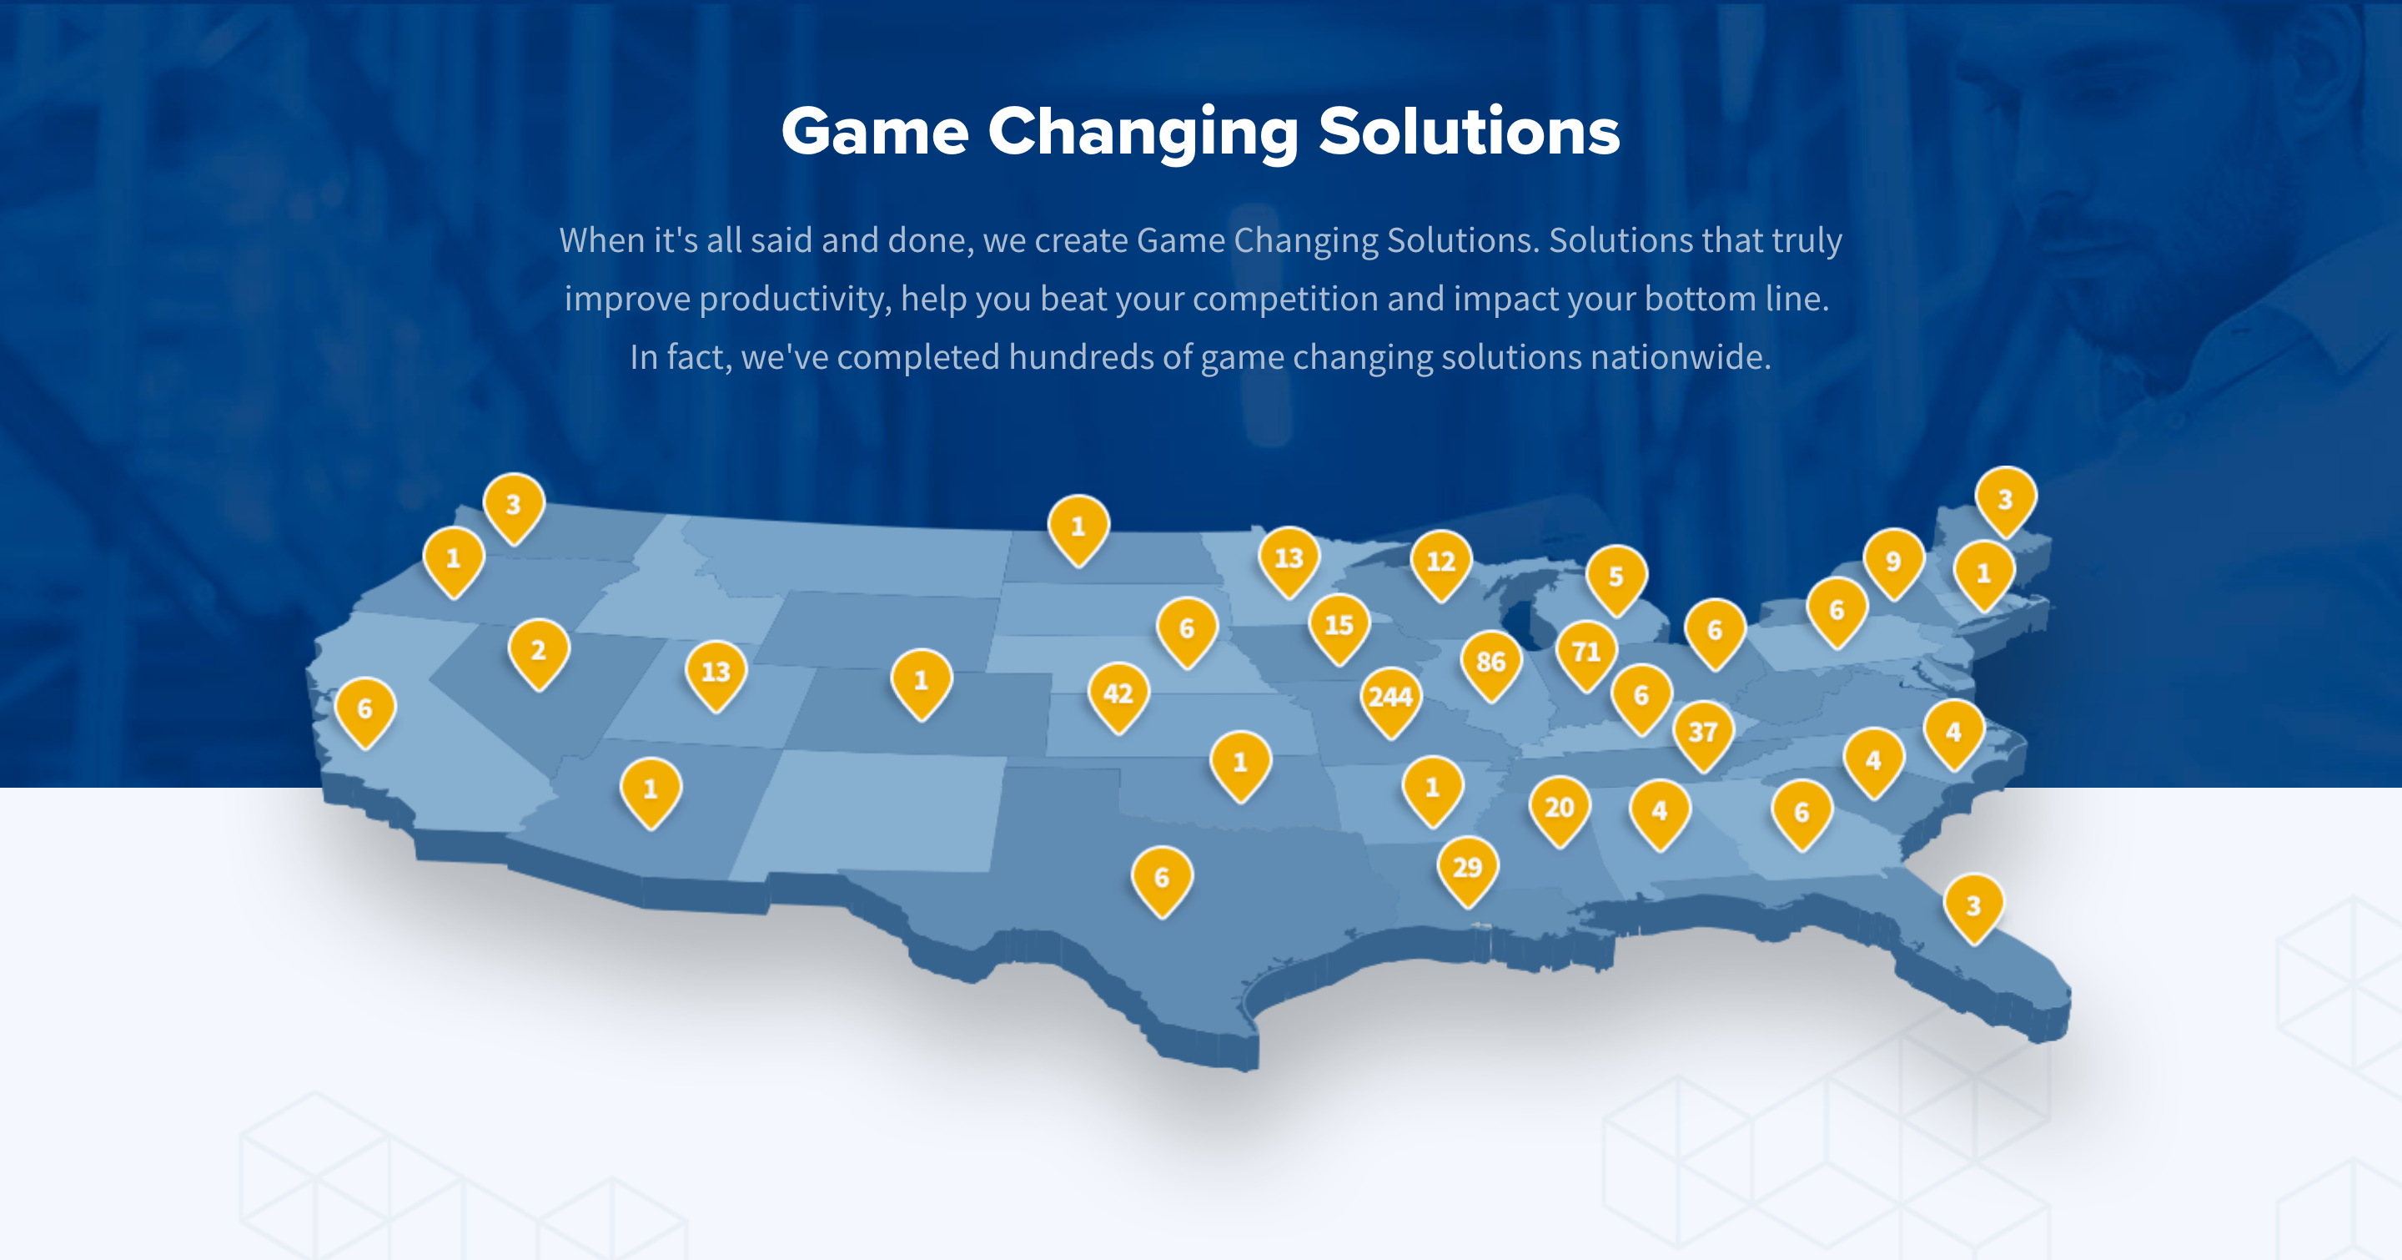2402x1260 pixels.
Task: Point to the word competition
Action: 1285,300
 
